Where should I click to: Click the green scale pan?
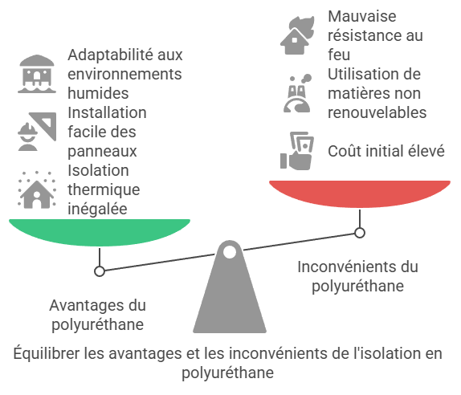click(x=100, y=232)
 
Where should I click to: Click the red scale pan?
click(x=360, y=193)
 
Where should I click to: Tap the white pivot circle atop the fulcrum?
click(x=230, y=252)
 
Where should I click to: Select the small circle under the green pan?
click(x=100, y=271)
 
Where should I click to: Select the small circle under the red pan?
click(x=360, y=233)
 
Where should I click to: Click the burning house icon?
click(x=297, y=35)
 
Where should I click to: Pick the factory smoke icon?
click(x=297, y=93)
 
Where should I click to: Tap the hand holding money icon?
click(x=297, y=151)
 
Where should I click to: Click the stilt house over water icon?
click(x=37, y=74)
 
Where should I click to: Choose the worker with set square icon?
click(x=37, y=132)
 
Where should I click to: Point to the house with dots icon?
click(x=37, y=189)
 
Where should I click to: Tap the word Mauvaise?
click(x=362, y=16)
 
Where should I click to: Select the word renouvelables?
click(x=377, y=112)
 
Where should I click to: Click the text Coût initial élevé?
click(x=386, y=151)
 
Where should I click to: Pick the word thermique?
click(x=104, y=189)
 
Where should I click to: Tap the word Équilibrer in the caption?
click(x=47, y=353)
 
